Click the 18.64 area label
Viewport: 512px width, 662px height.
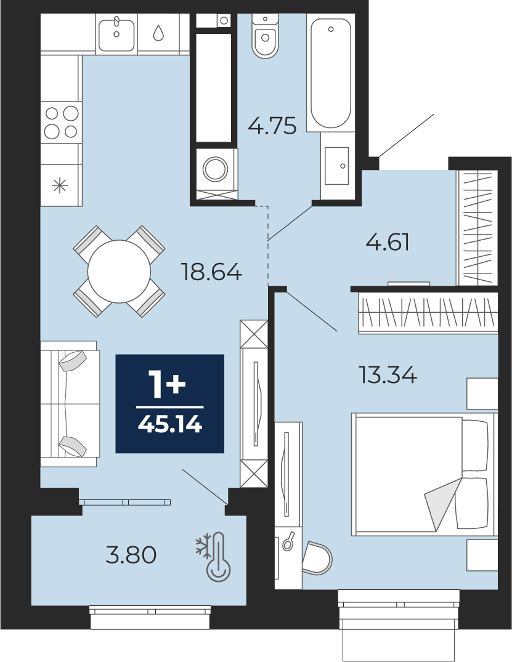tap(211, 272)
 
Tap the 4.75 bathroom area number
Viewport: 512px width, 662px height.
tap(272, 126)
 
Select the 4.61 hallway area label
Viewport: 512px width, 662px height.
tap(388, 243)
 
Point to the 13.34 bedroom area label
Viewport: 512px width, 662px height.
tap(388, 374)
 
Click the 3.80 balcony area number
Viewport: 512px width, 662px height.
tap(131, 555)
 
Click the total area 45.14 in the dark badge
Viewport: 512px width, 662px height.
tap(170, 424)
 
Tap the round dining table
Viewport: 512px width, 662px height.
tap(119, 272)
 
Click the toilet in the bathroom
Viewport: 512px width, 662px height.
tap(266, 36)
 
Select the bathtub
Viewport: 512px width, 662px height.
tap(331, 73)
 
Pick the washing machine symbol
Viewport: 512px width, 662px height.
tap(216, 169)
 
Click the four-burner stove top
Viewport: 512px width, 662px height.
tap(62, 123)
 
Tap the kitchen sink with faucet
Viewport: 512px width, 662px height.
tap(116, 34)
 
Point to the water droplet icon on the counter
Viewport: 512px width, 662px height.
tap(158, 33)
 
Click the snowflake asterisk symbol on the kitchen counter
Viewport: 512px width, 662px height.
tap(60, 185)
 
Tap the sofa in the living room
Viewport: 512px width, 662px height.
tap(70, 403)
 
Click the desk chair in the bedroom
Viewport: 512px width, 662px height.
tap(317, 558)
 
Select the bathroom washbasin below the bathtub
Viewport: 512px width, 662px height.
tap(336, 166)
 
